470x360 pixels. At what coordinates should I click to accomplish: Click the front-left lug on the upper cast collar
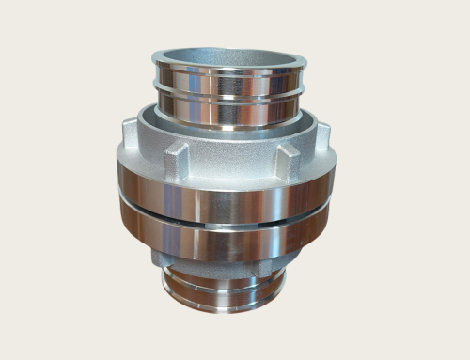tap(176, 162)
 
